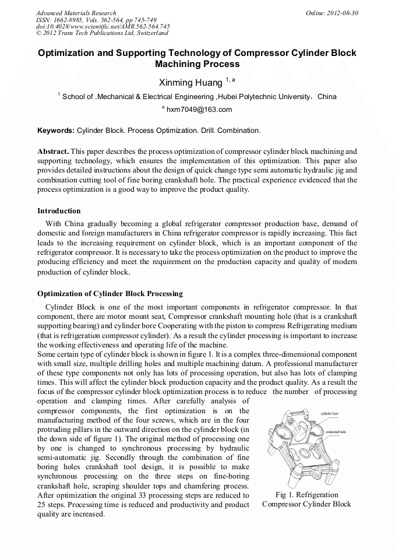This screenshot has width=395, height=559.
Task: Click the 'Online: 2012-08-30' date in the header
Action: point(332,13)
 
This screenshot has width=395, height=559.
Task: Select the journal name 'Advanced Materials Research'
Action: point(76,13)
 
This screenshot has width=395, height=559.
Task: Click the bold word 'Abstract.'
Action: point(53,151)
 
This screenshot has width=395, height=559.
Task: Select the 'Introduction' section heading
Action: point(59,210)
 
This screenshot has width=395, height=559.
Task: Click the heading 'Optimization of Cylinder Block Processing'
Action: point(110,293)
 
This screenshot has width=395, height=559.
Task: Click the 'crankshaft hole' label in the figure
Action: point(336,432)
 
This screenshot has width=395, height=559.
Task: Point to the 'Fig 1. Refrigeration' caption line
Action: point(306,494)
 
